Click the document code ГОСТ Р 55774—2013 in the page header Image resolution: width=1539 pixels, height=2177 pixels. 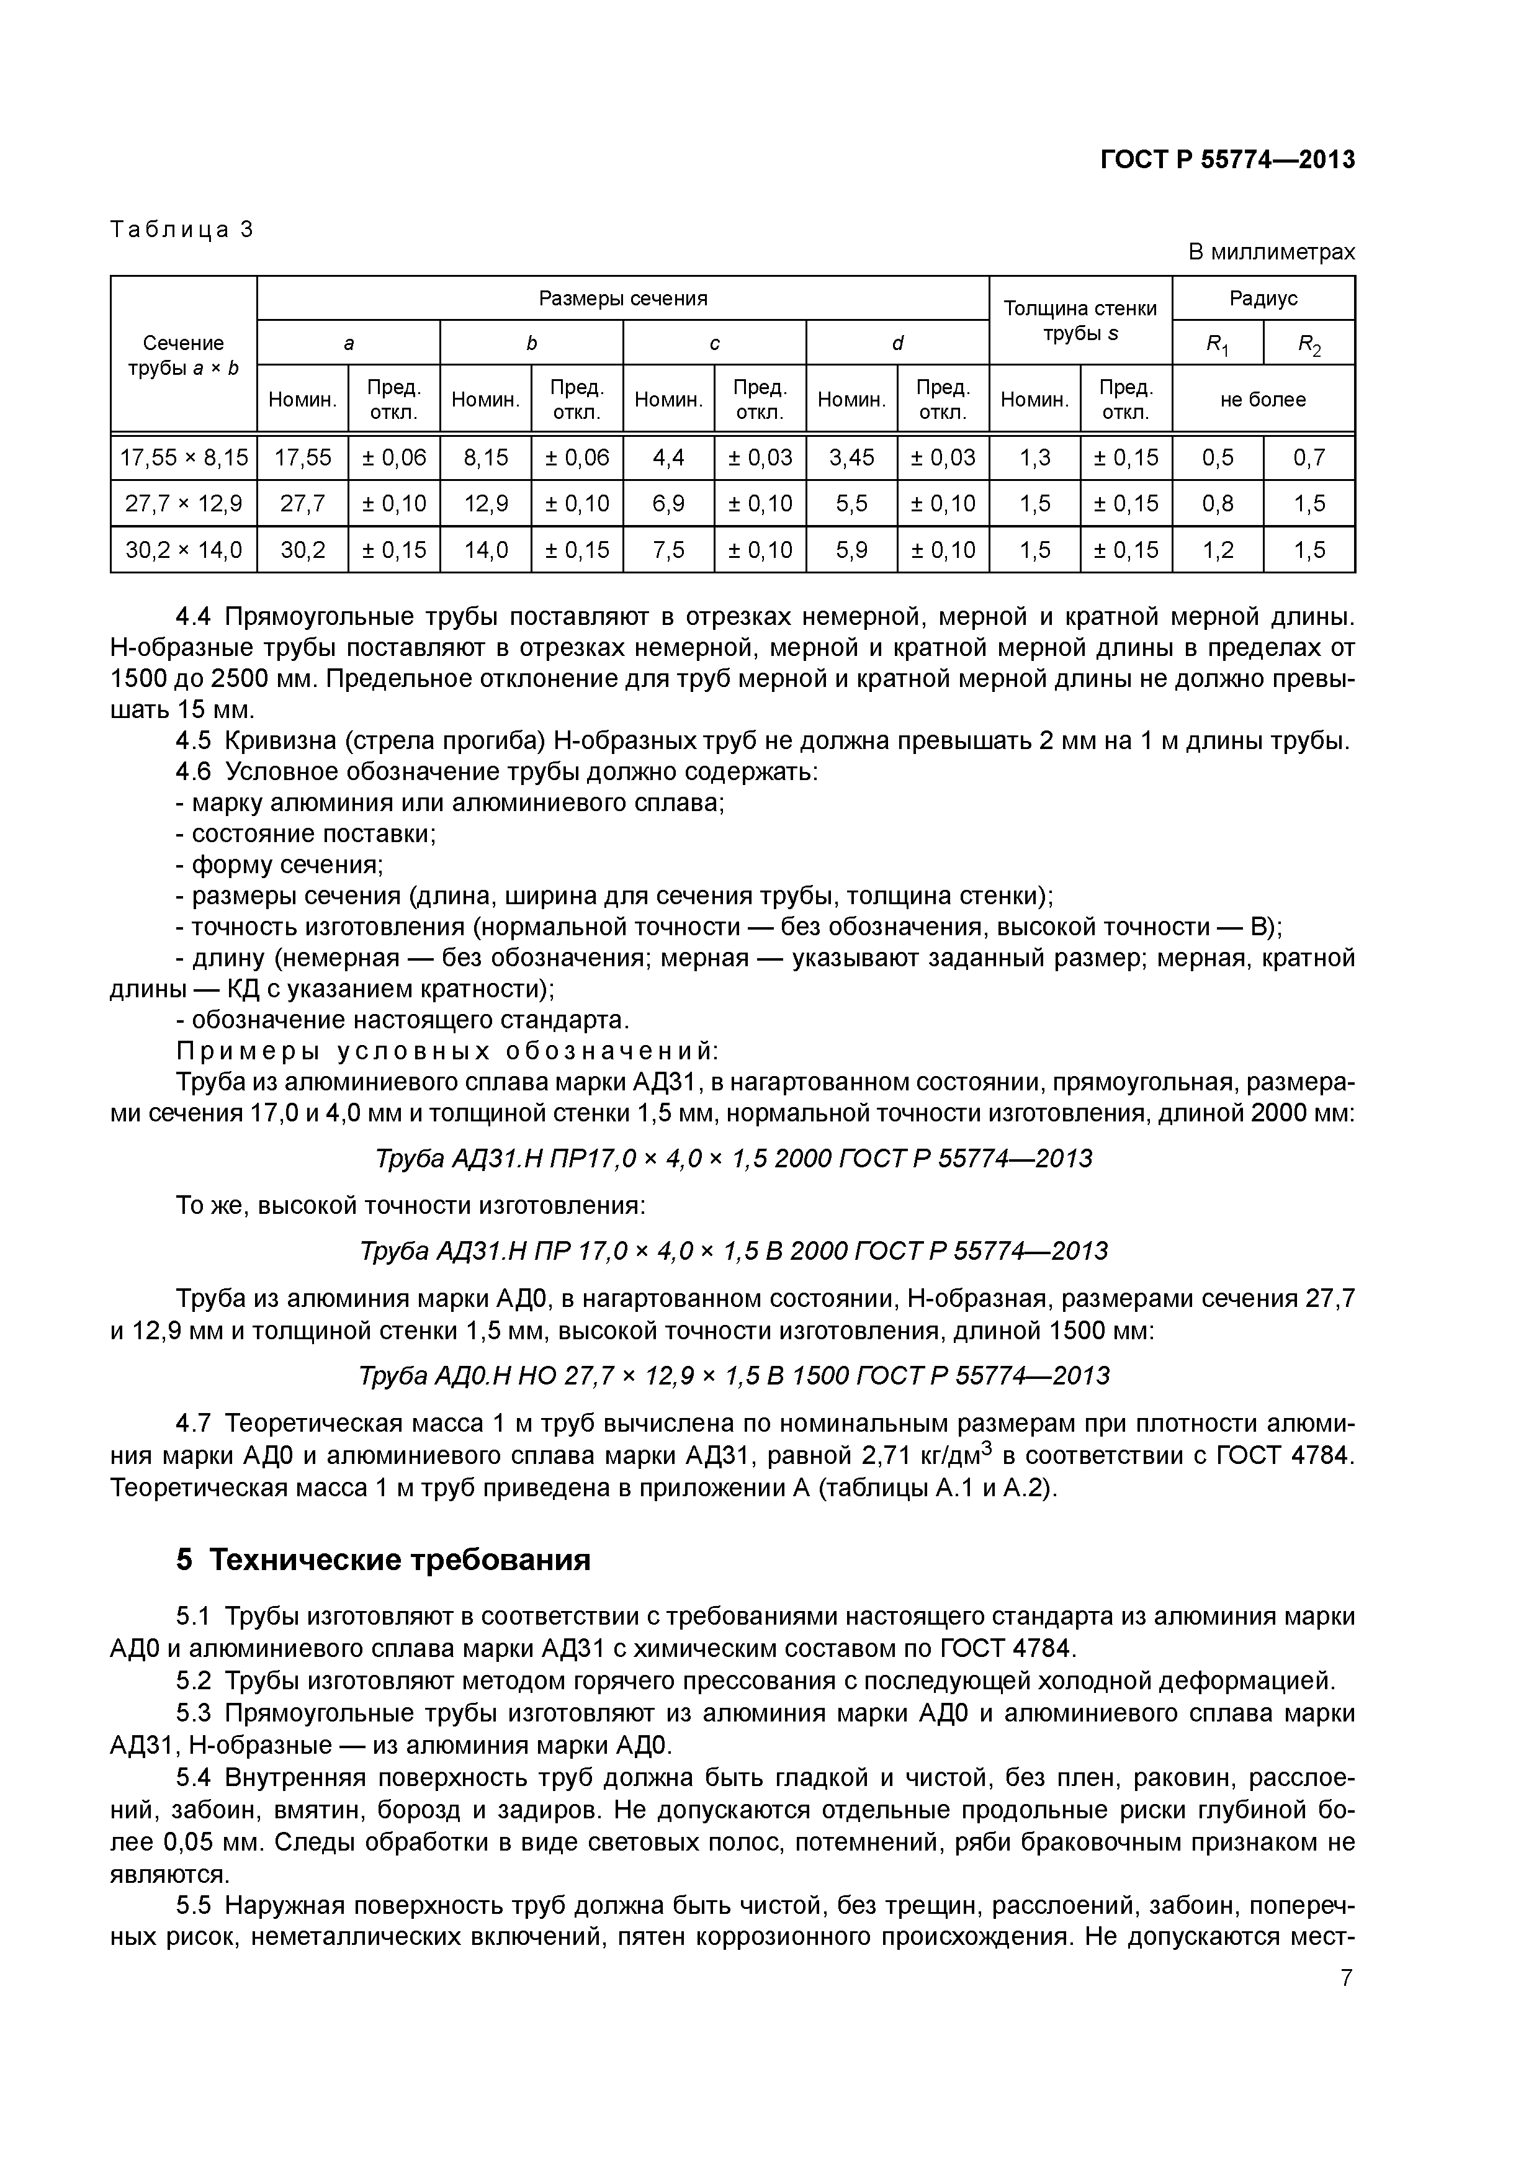pyautogui.click(x=1226, y=160)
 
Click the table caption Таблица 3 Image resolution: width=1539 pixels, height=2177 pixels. pyautogui.click(x=182, y=230)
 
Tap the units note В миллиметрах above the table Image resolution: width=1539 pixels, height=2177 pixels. pyautogui.click(x=1271, y=252)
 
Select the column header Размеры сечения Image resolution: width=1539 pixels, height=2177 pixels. pyautogui.click(x=623, y=298)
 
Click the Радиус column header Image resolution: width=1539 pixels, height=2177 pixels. pyautogui.click(x=1263, y=298)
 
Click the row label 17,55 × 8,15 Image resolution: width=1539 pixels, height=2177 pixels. pyautogui.click(x=184, y=458)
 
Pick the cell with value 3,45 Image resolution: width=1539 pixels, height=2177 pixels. pyautogui.click(x=851, y=458)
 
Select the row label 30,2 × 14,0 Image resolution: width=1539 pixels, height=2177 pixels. pyautogui.click(x=184, y=550)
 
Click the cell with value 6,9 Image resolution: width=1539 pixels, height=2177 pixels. pyautogui.click(x=668, y=503)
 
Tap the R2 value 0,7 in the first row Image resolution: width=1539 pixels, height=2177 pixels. pyautogui.click(x=1309, y=458)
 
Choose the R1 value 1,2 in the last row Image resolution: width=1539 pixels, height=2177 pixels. pyautogui.click(x=1218, y=550)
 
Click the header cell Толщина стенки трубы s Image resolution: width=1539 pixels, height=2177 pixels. pyautogui.click(x=1080, y=320)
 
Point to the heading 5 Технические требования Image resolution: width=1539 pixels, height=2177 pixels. pyautogui.click(x=383, y=1560)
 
